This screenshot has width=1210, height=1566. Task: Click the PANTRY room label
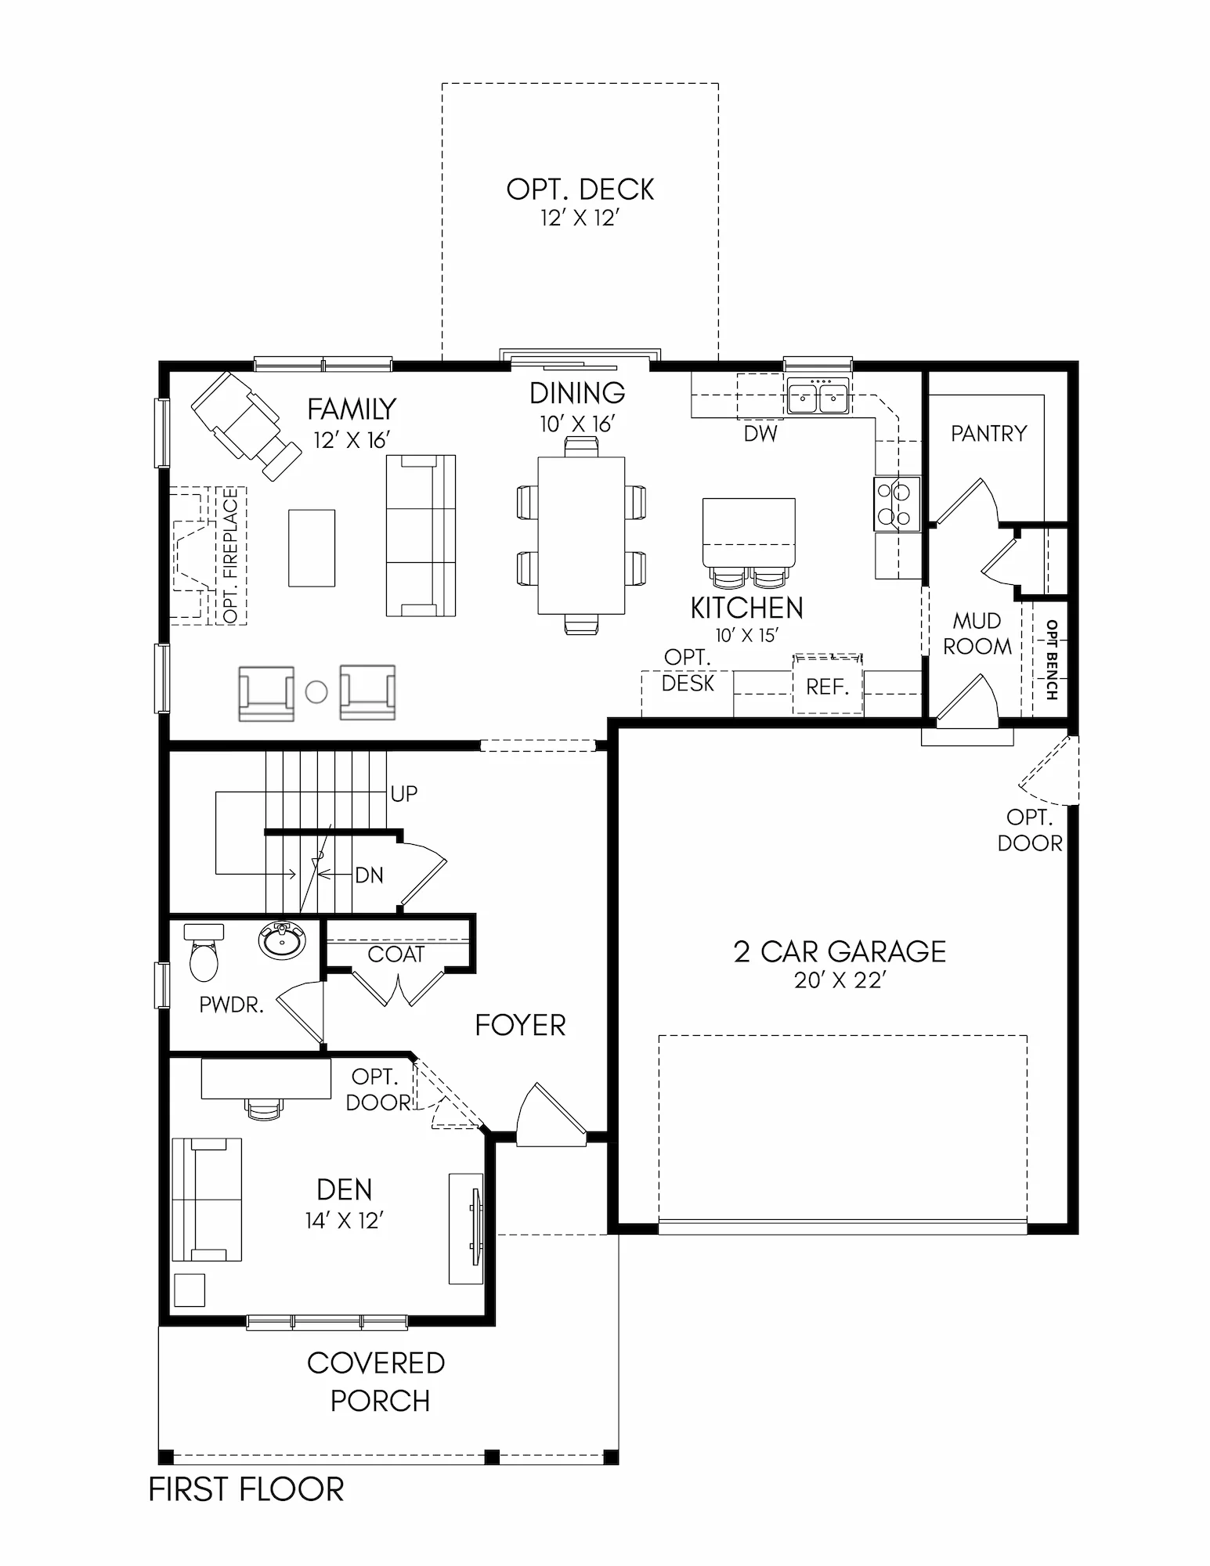tap(988, 433)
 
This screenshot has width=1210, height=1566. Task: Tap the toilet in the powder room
tap(204, 952)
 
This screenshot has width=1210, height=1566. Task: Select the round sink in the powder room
tap(282, 940)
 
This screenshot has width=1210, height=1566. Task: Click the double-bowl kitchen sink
tap(818, 396)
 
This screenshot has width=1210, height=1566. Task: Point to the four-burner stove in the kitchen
tap(898, 503)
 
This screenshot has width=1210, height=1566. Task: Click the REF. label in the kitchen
tap(828, 687)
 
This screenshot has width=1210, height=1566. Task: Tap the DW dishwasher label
tap(760, 433)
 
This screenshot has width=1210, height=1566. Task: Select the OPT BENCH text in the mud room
tap(1051, 660)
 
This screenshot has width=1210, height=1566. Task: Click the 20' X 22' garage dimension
tap(840, 980)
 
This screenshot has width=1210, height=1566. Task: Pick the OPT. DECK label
tap(580, 189)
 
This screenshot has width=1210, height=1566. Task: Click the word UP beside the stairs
tap(404, 794)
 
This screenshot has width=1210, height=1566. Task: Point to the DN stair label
tap(370, 875)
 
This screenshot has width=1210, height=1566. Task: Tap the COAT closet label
tap(396, 954)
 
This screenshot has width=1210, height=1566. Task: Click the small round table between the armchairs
tap(316, 692)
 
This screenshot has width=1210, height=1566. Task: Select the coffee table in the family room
tap(312, 548)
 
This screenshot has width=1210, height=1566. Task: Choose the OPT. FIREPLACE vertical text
tap(230, 555)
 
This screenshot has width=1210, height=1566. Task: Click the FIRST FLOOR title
tap(247, 1489)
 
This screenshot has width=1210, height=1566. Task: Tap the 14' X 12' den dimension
tap(345, 1221)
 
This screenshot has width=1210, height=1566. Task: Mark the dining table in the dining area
tap(581, 536)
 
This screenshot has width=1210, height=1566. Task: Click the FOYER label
tap(521, 1025)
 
